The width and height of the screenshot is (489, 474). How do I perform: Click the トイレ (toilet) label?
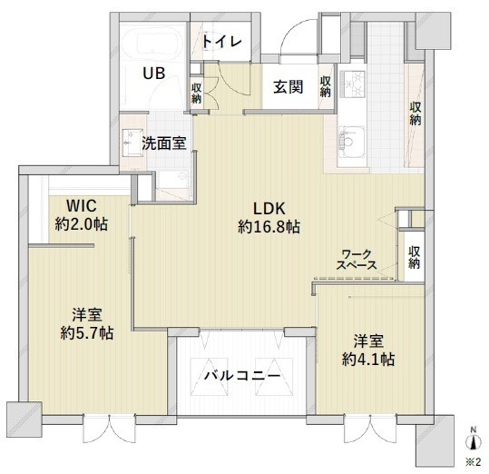pos(222,41)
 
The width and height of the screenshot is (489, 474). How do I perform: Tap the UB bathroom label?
pos(153,74)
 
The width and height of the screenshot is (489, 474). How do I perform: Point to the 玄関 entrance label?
pos(289,87)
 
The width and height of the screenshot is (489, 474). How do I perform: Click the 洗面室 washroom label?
pos(164,143)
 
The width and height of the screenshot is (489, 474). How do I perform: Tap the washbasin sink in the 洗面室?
pos(132,142)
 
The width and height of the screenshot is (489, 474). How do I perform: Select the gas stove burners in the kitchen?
pos(352,84)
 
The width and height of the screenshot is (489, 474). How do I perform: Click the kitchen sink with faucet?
pos(351,142)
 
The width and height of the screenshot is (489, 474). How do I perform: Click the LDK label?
pos(269,209)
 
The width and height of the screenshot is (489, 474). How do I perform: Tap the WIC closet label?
pos(82,205)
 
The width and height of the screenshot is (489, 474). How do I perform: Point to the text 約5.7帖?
pos(87,333)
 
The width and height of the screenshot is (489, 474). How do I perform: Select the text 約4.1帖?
pos(368,359)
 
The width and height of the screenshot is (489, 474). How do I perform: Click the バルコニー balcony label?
pos(242,375)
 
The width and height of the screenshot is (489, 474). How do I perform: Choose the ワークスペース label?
pos(357,260)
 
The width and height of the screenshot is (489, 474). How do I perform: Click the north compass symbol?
pos(474,440)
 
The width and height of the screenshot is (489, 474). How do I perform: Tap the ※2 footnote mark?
pos(473,462)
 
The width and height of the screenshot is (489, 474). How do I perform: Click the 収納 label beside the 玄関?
pos(326,86)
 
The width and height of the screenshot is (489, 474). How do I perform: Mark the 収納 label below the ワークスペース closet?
pos(414,258)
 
